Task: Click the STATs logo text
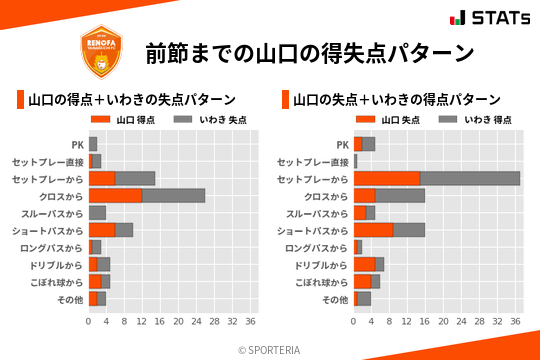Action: pos(495,17)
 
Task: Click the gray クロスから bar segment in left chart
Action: pos(174,195)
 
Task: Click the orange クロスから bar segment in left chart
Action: pos(115,195)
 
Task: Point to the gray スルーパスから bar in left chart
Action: pos(97,212)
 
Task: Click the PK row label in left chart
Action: pos(77,144)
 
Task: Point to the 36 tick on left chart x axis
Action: pos(250,321)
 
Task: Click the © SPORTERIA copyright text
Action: pos(270,349)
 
